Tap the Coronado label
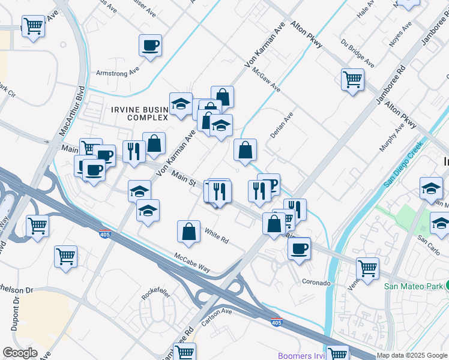tap(316, 282)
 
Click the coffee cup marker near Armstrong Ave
tap(150, 45)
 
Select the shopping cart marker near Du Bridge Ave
tap(352, 79)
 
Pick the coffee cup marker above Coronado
tap(299, 247)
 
